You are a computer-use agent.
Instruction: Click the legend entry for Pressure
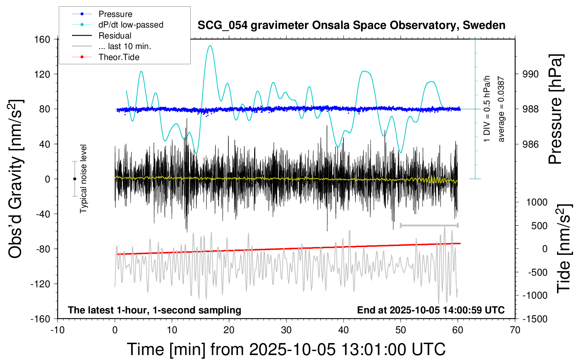coord(115,14)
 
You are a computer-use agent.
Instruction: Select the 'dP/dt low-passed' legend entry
coord(131,25)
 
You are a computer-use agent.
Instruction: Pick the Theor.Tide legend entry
coord(119,57)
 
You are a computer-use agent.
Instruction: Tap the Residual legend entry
coord(115,36)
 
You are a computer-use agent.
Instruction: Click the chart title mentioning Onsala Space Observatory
coord(351,25)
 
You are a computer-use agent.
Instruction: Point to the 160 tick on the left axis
coord(42,39)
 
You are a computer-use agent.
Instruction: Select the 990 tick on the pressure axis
coord(531,74)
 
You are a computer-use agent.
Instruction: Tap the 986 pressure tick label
coord(531,144)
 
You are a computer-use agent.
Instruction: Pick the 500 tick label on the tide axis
coord(539,226)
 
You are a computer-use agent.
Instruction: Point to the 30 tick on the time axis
coord(286,330)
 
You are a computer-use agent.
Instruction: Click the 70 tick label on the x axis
coord(515,330)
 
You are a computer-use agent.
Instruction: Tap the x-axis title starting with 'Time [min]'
coord(286,349)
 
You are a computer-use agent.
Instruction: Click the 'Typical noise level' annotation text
coord(83,179)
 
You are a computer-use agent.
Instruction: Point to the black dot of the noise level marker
coord(74,179)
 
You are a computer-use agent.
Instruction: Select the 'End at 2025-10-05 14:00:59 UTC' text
coord(431,310)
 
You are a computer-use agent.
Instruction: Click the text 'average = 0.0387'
coord(501,109)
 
